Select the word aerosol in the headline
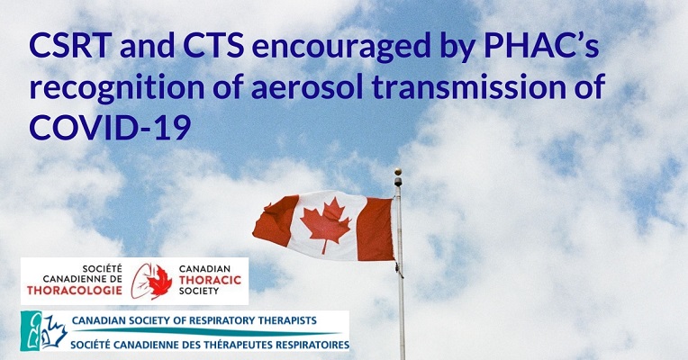[x=307, y=85]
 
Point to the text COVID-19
[x=110, y=127]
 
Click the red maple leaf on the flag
[x=325, y=224]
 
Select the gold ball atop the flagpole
[x=397, y=171]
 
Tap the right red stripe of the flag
[x=376, y=229]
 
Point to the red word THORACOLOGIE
[x=75, y=290]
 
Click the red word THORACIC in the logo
[x=210, y=280]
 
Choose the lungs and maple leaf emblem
[x=151, y=281]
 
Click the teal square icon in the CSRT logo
[x=31, y=331]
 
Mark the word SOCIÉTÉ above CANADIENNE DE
[x=103, y=269]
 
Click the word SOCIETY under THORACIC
[x=199, y=291]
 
